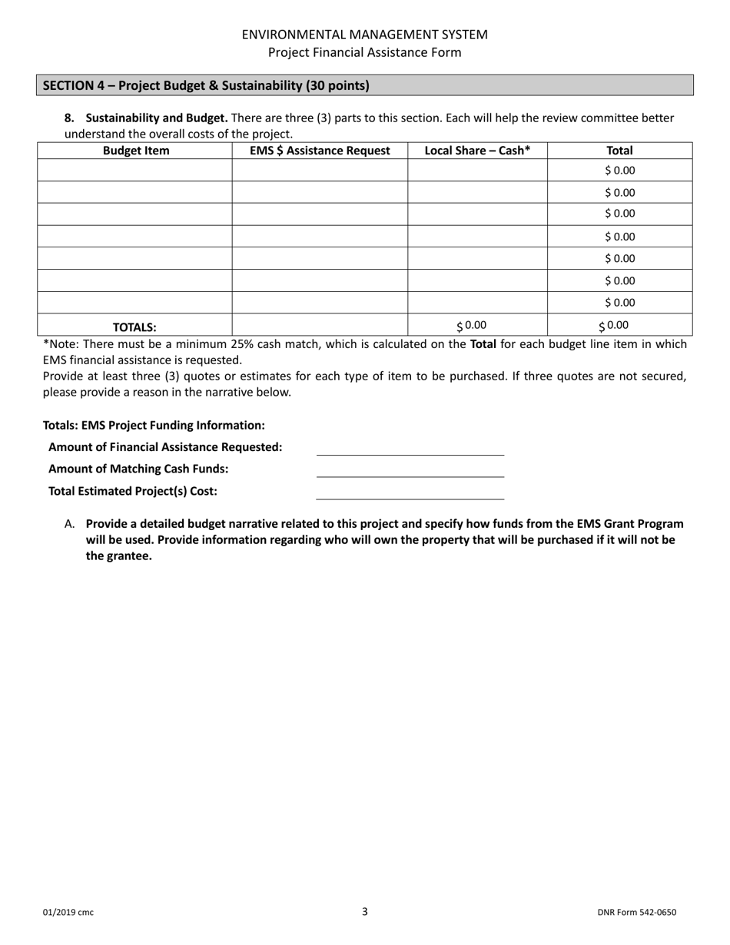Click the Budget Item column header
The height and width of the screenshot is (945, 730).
136,151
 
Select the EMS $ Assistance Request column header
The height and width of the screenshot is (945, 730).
320,151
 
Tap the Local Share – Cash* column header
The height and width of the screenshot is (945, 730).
477,151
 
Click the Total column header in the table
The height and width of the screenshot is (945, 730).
619,151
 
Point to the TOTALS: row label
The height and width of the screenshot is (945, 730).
134,327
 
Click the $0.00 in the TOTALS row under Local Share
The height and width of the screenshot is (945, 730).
472,325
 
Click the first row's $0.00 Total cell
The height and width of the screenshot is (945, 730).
620,171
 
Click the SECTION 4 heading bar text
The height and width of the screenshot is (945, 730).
206,85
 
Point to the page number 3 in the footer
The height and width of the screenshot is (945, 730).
365,912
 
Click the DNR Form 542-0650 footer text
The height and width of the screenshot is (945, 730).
636,913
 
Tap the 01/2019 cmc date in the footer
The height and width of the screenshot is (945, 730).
68,913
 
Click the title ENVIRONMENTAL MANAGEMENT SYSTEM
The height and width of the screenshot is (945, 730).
364,35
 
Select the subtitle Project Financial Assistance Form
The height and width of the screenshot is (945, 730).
364,52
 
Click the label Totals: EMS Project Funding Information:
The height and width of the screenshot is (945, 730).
154,425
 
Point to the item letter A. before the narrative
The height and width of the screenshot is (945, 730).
70,524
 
